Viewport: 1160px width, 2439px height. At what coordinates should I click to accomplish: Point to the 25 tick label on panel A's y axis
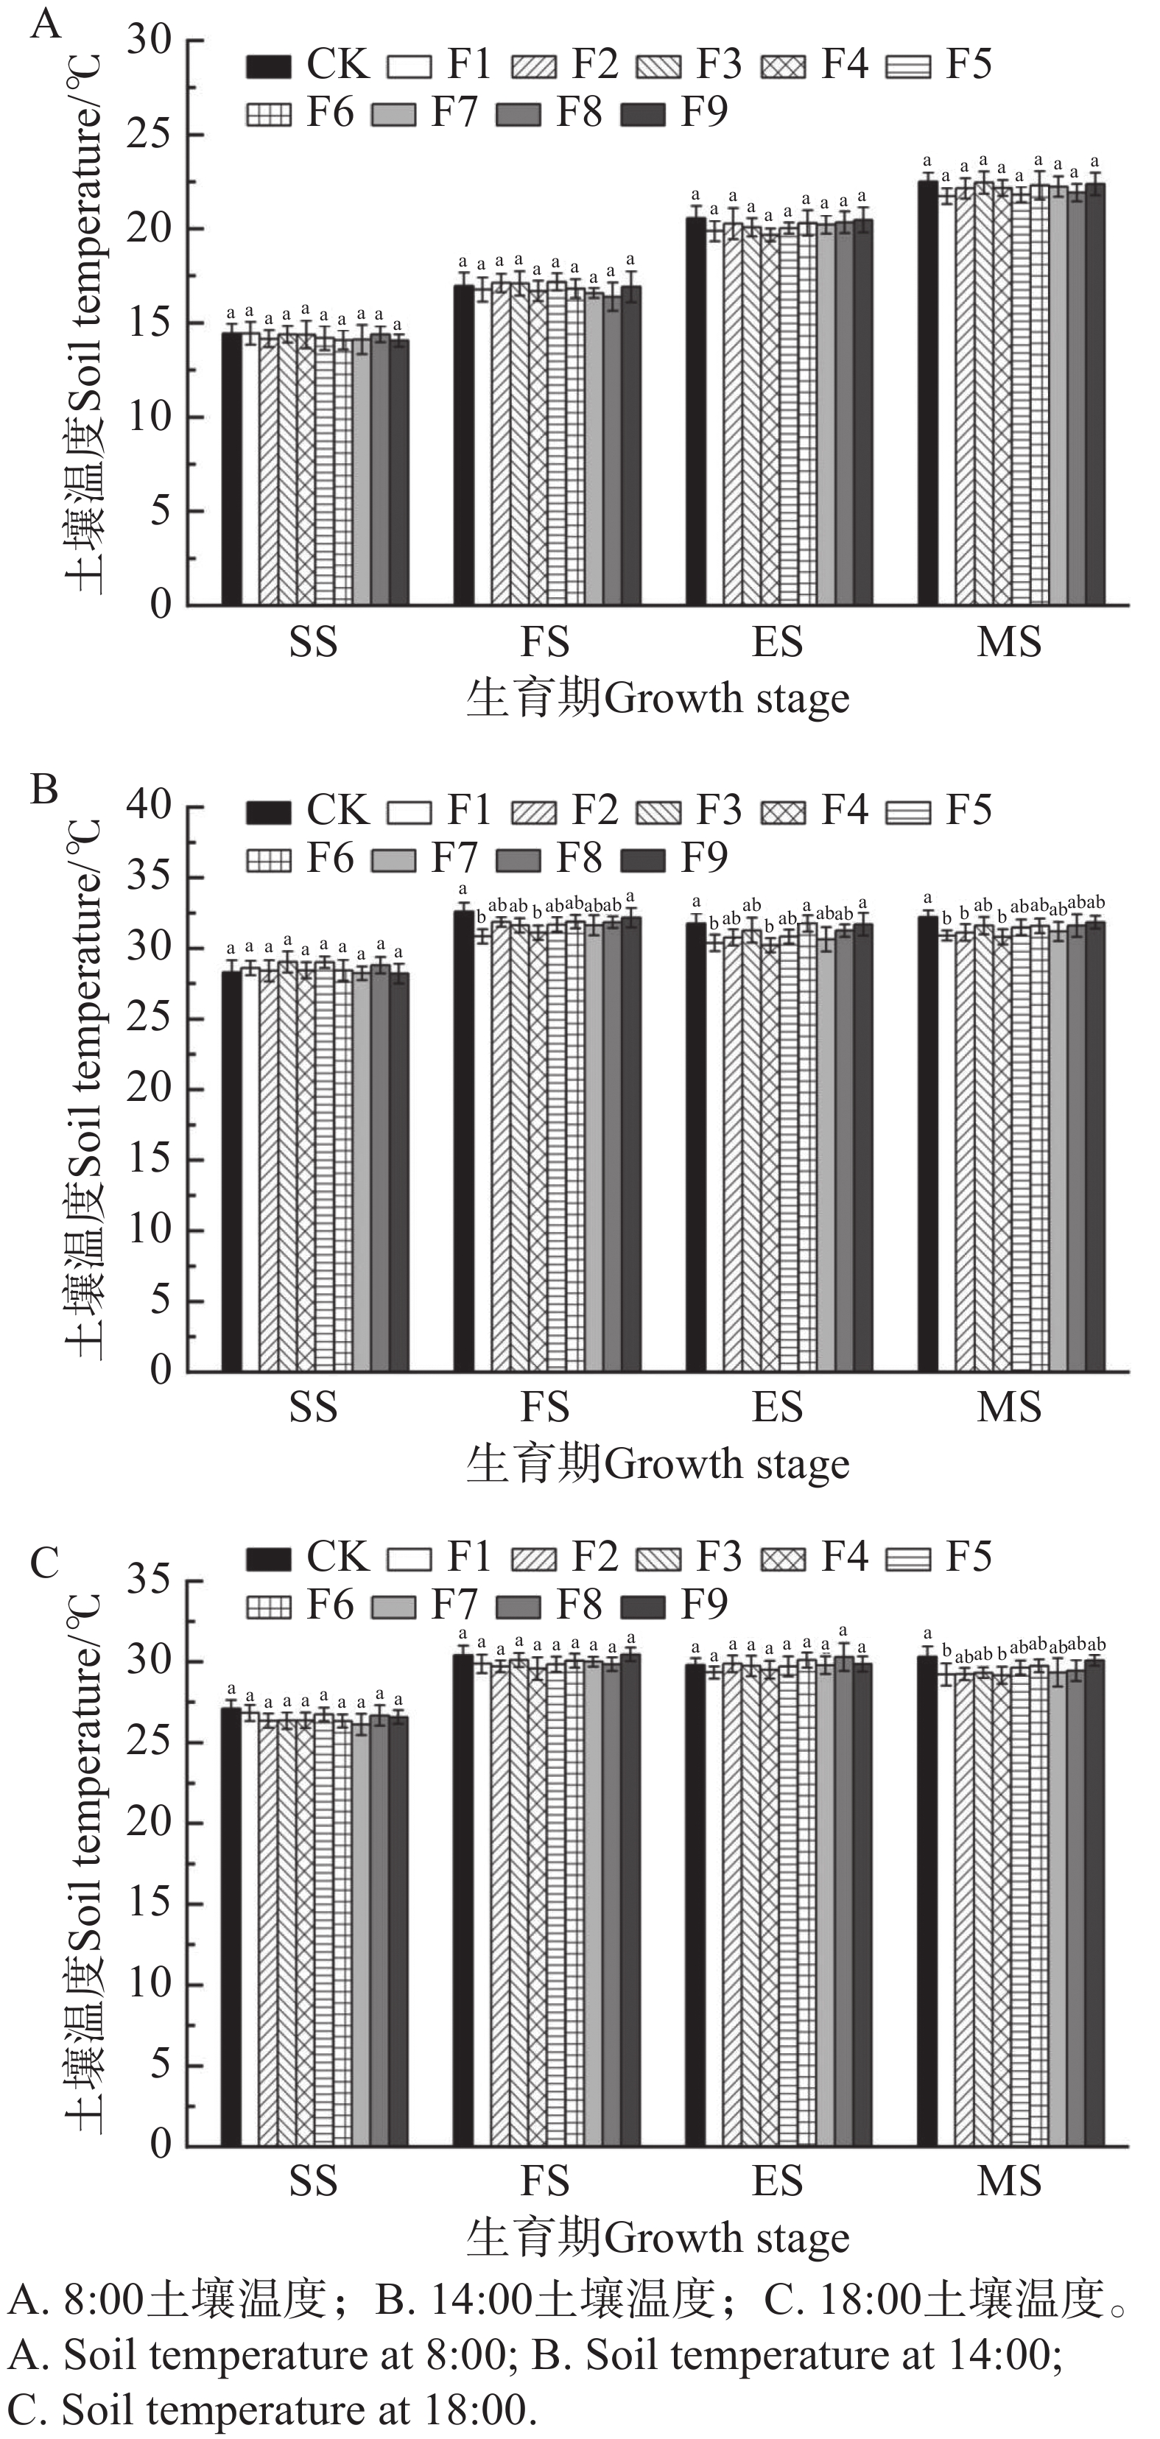pyautogui.click(x=152, y=135)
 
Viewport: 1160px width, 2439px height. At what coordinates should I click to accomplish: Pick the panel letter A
pyautogui.click(x=46, y=23)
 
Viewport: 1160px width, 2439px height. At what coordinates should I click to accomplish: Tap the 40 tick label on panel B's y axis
pyautogui.click(x=152, y=806)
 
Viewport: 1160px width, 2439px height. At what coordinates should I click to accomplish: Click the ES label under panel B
pyautogui.click(x=778, y=1407)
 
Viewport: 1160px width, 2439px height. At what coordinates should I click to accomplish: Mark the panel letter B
pyautogui.click(x=44, y=789)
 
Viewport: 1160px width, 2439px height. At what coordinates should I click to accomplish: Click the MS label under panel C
pyautogui.click(x=1010, y=2181)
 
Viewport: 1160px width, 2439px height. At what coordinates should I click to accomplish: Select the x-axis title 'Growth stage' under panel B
pyautogui.click(x=726, y=1464)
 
